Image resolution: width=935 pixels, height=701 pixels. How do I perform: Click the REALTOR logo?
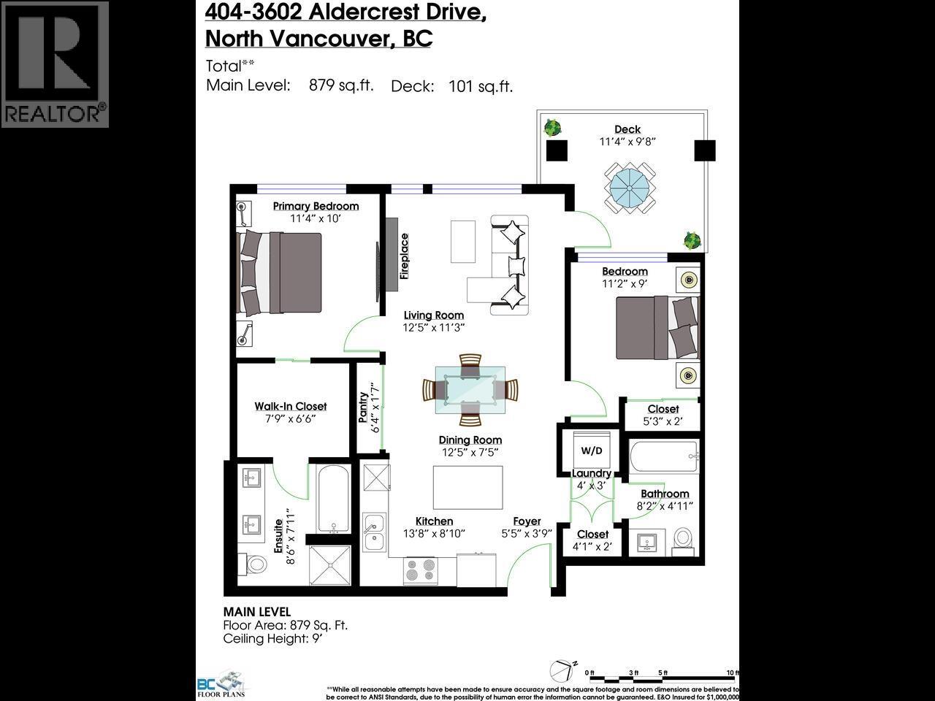(x=55, y=64)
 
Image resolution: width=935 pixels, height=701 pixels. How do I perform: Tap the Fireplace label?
(x=404, y=256)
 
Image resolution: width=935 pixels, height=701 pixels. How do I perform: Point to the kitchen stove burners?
(x=421, y=570)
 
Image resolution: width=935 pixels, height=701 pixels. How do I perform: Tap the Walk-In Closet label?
(x=291, y=407)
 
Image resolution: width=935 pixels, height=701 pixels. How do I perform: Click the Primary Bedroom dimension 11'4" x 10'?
(x=316, y=218)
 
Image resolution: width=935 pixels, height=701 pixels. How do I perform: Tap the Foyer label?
(x=527, y=521)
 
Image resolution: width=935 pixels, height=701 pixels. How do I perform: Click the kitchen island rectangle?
(x=468, y=487)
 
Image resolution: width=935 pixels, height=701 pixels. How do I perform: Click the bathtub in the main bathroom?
(x=664, y=458)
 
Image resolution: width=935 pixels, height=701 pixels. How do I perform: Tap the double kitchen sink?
(x=375, y=532)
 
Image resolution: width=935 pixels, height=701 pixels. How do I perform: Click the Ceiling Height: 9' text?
(x=272, y=638)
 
